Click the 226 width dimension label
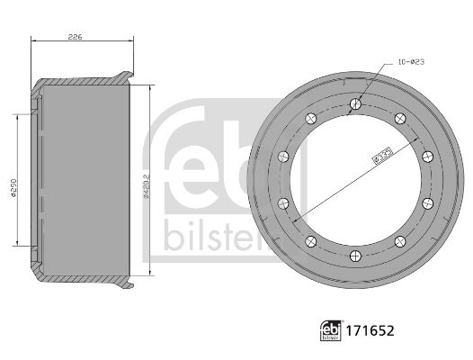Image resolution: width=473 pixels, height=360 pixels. (76, 38)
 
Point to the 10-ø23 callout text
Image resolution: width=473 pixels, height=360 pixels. (410, 63)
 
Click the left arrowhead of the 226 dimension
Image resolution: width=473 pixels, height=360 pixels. (34, 43)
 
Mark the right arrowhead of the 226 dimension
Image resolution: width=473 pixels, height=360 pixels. (133, 43)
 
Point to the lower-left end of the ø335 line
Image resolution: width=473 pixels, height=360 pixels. (293, 219)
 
